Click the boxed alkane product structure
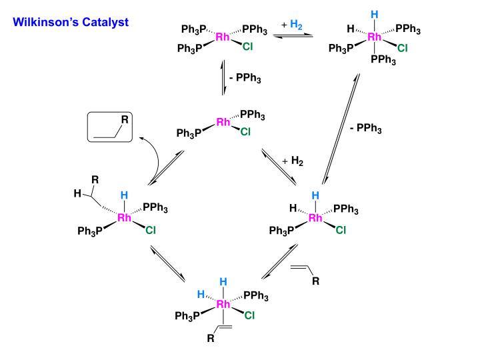(111, 127)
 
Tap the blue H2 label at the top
(297, 24)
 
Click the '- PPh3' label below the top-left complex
(244, 78)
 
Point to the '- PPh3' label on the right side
(365, 129)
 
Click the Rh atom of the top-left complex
(223, 37)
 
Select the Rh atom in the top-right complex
(375, 37)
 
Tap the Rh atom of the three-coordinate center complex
(223, 122)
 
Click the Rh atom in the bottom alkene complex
(223, 305)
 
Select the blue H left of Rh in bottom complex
(200, 294)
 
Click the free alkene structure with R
(307, 273)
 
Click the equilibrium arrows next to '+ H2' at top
(294, 35)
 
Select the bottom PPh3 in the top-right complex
(383, 61)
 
